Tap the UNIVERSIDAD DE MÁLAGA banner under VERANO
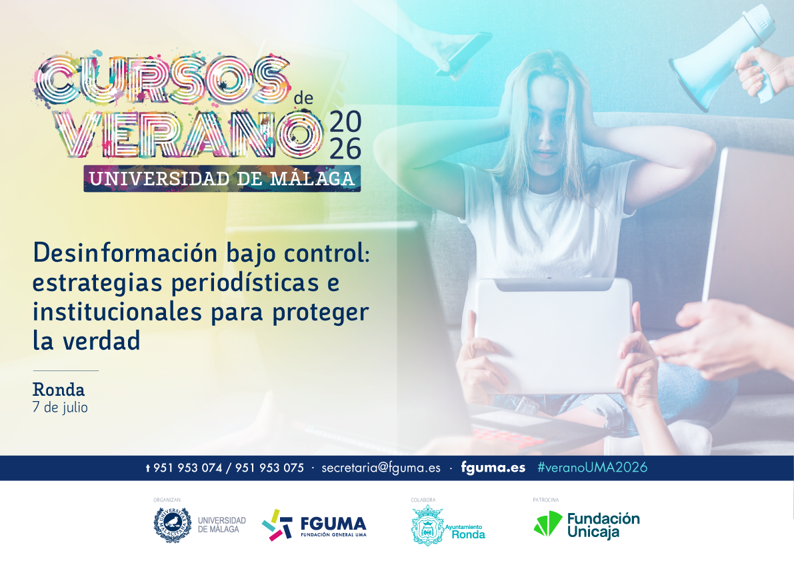[x=222, y=179]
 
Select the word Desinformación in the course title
[x=125, y=253]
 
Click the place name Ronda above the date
[x=59, y=390]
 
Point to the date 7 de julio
[x=60, y=407]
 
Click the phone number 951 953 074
[x=188, y=468]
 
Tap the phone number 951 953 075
[x=269, y=468]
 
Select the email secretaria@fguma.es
[x=381, y=468]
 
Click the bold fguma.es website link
[x=493, y=468]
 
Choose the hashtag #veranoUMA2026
[x=593, y=468]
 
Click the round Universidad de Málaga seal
[x=173, y=525]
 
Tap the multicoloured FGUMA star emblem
[x=277, y=525]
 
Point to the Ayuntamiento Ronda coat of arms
[x=427, y=526]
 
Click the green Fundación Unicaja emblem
[x=548, y=524]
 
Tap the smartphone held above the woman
[x=464, y=54]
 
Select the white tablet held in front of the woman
[x=553, y=335]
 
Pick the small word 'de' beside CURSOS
[x=303, y=98]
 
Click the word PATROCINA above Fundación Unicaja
[x=546, y=500]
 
